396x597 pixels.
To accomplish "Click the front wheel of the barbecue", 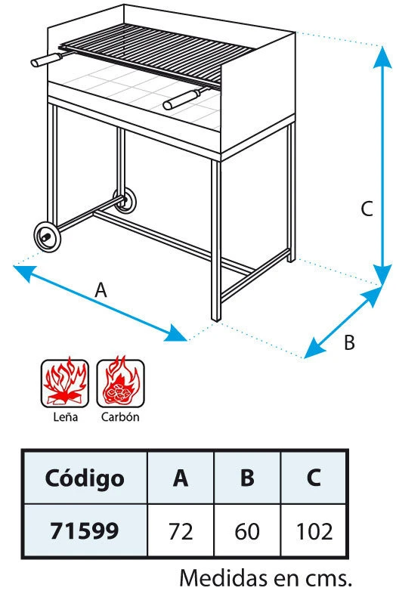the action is [47, 237].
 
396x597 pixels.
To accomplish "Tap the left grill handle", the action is [46, 60].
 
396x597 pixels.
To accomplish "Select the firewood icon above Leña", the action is [65, 383].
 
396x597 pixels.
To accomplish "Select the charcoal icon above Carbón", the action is [120, 383].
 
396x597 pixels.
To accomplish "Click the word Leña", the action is [66, 417].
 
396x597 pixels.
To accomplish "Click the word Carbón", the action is [120, 417].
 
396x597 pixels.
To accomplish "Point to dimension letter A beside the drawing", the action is [101, 290].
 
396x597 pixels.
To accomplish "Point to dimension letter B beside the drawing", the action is [349, 342].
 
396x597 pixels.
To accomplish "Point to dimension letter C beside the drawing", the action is [367, 209].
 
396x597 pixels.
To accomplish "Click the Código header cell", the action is [85, 478].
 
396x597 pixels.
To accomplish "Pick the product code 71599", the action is [85, 530].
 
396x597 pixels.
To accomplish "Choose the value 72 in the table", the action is [181, 531].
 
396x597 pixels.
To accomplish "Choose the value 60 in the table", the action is [247, 531].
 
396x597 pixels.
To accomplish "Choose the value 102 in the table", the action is [314, 531].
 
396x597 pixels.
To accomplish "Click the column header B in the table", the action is [248, 478].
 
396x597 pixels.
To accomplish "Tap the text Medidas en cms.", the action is [265, 578].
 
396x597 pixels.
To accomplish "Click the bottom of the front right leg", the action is [216, 318].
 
